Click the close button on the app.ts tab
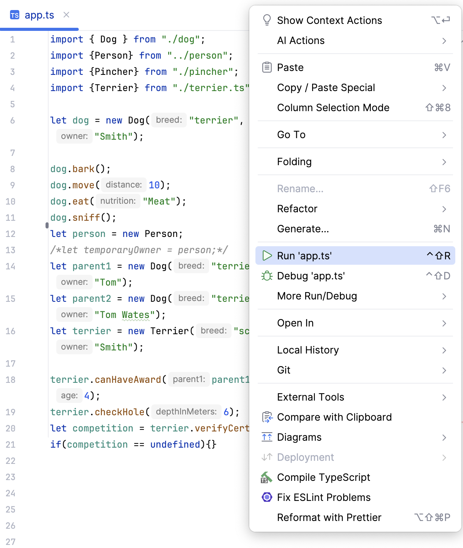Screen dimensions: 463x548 pyautogui.click(x=66, y=15)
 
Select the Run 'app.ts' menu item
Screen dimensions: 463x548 pyautogui.click(x=304, y=256)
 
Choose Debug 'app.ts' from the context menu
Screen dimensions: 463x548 pyautogui.click(x=311, y=276)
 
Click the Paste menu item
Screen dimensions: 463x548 pyautogui.click(x=290, y=68)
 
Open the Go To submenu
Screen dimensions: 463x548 pyautogui.click(x=291, y=135)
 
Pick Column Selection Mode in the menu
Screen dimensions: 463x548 pyautogui.click(x=333, y=108)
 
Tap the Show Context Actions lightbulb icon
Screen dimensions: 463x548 pyautogui.click(x=267, y=20)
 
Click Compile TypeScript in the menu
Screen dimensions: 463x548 pyautogui.click(x=323, y=477)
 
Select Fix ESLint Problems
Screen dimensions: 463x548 pyautogui.click(x=323, y=497)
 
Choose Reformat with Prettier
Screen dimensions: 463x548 pyautogui.click(x=329, y=518)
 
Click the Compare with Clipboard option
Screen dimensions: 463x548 pyautogui.click(x=334, y=417)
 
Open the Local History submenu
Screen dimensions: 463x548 pyautogui.click(x=308, y=350)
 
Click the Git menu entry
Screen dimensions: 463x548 pyautogui.click(x=284, y=370)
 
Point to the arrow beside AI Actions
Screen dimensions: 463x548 pyautogui.click(x=444, y=41)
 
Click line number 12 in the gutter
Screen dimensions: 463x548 pyautogui.click(x=11, y=234)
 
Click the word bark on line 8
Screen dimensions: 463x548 pyautogui.click(x=83, y=169)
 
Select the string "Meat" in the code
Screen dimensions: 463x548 pyautogui.click(x=159, y=201)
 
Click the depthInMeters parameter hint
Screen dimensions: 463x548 pyautogui.click(x=186, y=412)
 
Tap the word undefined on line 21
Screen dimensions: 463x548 pyautogui.click(x=175, y=445)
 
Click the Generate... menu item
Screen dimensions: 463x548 pyautogui.click(x=303, y=229)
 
